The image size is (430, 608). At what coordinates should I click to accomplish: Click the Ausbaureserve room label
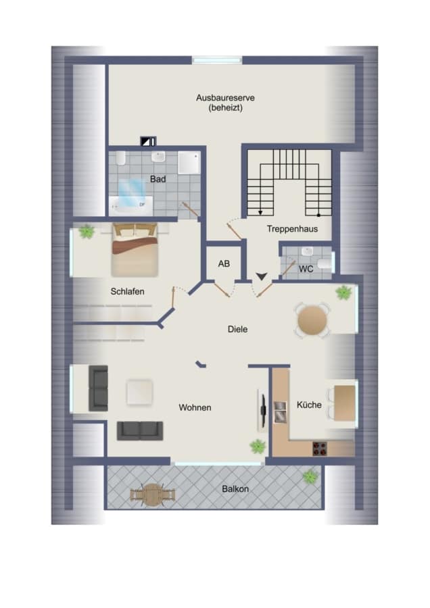tap(225, 98)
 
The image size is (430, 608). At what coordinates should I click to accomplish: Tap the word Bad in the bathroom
tap(158, 179)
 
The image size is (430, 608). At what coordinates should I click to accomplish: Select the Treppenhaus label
tap(292, 229)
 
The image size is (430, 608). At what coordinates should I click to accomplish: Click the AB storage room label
tap(224, 263)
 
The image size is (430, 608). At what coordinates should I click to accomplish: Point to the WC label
tap(306, 269)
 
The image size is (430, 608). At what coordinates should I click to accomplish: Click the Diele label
tap(237, 329)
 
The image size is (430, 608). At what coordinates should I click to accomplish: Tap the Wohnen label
tap(195, 407)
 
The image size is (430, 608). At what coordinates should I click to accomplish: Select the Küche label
tap(309, 405)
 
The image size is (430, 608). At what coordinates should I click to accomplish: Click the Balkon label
tap(235, 489)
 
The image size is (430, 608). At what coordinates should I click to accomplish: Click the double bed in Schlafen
tap(135, 249)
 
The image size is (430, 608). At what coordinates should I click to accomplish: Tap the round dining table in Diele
tap(312, 320)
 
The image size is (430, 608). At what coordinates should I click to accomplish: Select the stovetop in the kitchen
tap(320, 449)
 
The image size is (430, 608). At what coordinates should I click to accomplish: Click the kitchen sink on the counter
tap(280, 412)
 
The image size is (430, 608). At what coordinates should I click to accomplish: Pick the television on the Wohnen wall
tap(263, 410)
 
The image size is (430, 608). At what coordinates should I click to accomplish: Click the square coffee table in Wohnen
tap(139, 392)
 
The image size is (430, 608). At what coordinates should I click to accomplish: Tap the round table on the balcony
tap(153, 495)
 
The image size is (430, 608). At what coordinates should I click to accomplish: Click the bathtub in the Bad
tap(131, 205)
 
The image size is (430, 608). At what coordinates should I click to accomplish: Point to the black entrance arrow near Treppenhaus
tap(262, 276)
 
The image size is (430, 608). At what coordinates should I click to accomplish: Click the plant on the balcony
tap(310, 476)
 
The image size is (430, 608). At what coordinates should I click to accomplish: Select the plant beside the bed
tap(86, 232)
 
